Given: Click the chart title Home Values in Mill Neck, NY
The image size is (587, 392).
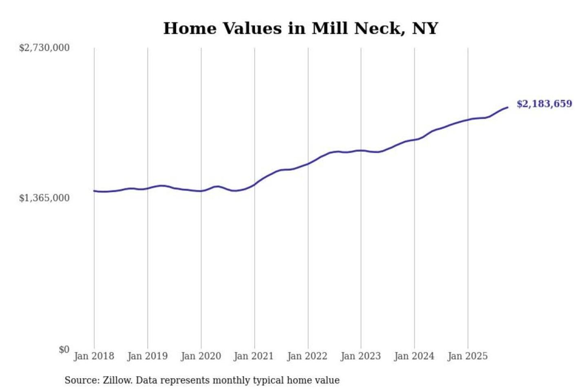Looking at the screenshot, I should (x=300, y=29).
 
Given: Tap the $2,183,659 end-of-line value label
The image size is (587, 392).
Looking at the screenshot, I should (x=544, y=104).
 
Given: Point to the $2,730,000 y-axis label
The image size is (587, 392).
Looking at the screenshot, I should (x=44, y=48).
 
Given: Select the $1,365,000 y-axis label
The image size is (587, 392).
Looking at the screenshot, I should (x=44, y=198).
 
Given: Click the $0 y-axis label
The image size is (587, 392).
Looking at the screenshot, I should (x=64, y=350).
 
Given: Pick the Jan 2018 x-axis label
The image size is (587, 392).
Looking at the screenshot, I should (x=94, y=356).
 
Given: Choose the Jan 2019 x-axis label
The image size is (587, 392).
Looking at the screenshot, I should (x=147, y=356).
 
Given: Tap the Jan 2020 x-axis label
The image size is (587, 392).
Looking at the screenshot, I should (x=201, y=356).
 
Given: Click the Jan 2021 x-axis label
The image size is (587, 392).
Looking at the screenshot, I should (x=254, y=356).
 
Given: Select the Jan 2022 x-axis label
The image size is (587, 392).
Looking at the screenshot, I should (x=307, y=356).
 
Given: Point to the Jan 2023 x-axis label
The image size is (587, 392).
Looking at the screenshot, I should (x=360, y=356).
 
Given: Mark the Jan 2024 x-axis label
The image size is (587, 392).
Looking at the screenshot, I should (x=414, y=356).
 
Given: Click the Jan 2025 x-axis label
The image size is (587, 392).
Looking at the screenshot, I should (x=467, y=356).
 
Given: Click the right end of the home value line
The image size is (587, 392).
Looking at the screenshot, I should (x=508, y=107).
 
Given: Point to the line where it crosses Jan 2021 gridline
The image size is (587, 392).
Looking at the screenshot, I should (x=255, y=185).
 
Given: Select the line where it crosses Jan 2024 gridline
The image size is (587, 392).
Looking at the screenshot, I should (x=415, y=140).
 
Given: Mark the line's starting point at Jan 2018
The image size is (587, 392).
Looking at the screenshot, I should (x=94, y=191).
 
